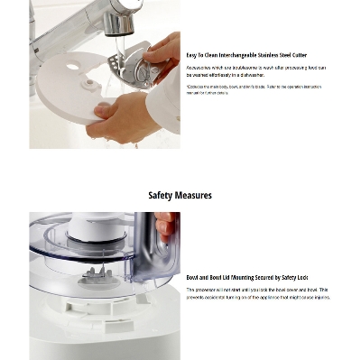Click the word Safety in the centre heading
[161, 195]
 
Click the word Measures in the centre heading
[194, 195]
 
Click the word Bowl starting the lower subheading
[192, 278]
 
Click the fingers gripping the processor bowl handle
[166, 226]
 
